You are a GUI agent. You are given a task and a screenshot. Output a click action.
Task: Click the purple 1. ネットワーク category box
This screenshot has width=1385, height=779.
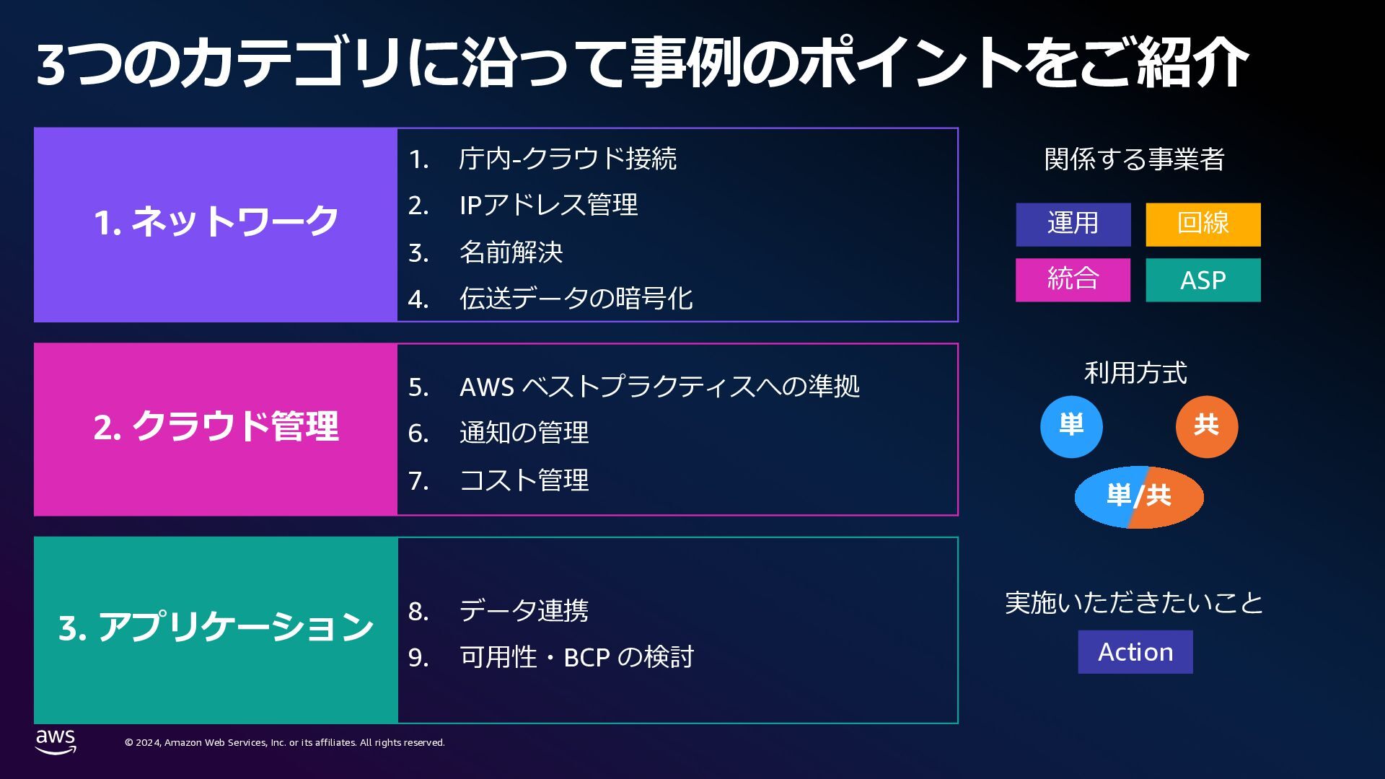pos(216,224)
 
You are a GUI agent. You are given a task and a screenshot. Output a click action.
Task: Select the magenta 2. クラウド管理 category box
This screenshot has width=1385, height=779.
pos(216,429)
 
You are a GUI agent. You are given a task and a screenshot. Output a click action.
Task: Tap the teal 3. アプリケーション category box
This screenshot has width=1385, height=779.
pos(216,630)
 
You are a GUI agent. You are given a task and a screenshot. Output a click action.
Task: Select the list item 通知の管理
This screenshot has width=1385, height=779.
pos(524,433)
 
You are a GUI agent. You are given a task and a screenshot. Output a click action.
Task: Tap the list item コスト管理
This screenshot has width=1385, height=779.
pos(524,480)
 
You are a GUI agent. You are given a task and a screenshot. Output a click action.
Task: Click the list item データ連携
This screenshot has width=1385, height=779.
pos(524,611)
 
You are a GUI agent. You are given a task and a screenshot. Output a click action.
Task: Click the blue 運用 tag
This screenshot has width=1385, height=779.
pos(1073,224)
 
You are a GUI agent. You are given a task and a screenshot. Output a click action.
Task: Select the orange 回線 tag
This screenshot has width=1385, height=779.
pos(1202,224)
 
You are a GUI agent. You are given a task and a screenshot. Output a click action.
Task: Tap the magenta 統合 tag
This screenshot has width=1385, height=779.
pos(1073,280)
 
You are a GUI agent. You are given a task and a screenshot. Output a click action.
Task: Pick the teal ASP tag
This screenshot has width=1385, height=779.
pos(1202,280)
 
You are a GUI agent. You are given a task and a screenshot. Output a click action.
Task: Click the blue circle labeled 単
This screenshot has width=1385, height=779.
pos(1071,427)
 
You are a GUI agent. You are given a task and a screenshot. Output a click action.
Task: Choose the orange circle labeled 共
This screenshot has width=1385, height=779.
pos(1206,427)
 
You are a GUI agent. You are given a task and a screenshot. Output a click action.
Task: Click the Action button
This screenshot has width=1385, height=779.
pos(1135,652)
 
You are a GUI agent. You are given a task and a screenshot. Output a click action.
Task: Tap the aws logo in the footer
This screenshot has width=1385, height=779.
pos(56,741)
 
